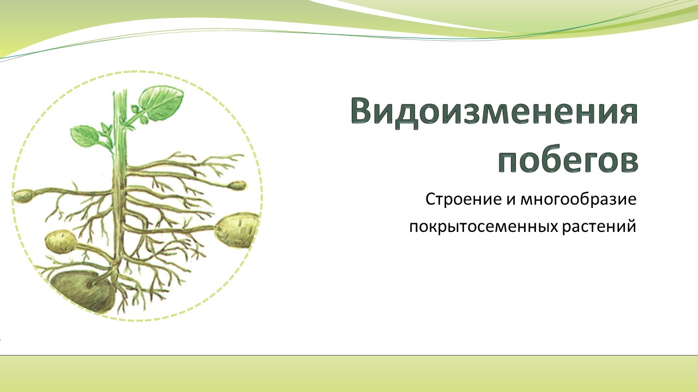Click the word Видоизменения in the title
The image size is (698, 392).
point(494,112)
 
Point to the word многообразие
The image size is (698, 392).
point(579,199)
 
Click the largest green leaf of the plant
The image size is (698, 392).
point(161,104)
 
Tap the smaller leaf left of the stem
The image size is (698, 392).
point(85,136)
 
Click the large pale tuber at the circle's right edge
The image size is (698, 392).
point(237,230)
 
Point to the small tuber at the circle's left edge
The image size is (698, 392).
point(23,196)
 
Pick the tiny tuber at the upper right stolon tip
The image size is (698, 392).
point(237,186)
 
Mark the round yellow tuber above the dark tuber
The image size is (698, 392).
point(61,241)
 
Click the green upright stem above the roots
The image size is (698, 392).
point(120,131)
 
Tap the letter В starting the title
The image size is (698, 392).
point(362,111)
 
